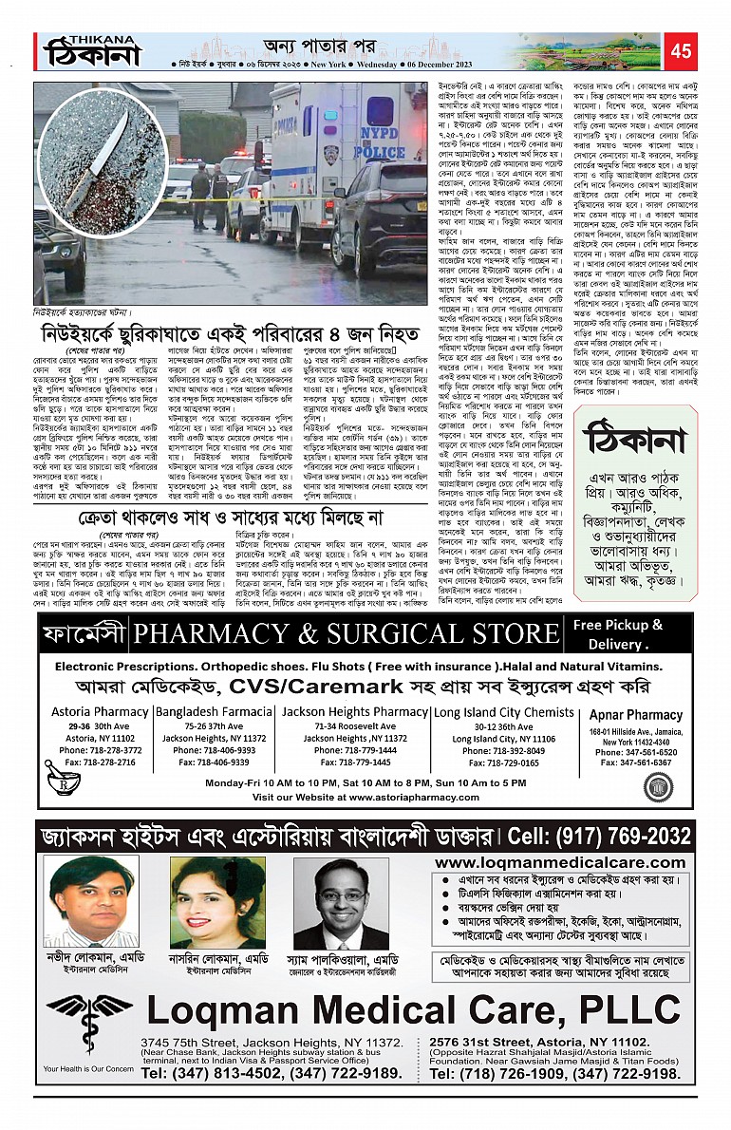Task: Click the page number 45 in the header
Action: pyautogui.click(x=680, y=50)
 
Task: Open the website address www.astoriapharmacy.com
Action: pyautogui.click(x=362, y=797)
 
